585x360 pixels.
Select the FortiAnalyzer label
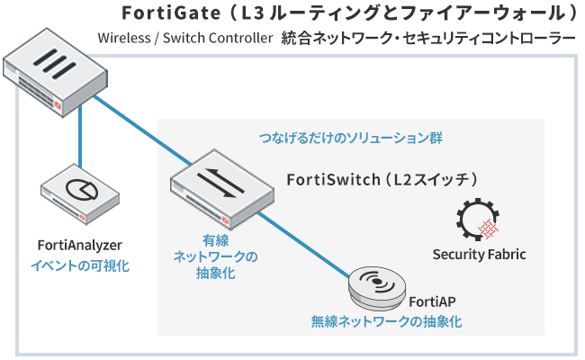coord(80,245)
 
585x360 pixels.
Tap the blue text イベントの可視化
coord(80,265)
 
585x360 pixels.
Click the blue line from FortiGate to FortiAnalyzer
coord(80,144)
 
